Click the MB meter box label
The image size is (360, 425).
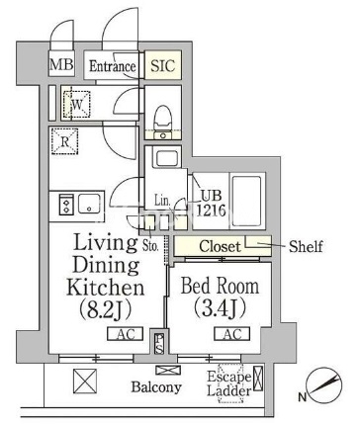point(61,64)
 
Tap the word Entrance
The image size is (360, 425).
point(113,66)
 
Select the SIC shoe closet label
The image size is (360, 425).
point(163,65)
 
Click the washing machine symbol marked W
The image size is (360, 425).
point(76,105)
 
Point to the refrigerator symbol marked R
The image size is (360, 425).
point(65,141)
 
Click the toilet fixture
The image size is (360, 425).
point(163,118)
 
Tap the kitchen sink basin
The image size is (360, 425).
point(89,204)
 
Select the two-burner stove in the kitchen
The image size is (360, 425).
point(66,205)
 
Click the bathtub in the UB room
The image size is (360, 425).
point(246,201)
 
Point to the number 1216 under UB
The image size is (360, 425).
point(211,210)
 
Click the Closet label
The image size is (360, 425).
point(220,246)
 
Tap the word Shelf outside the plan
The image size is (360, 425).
point(306,246)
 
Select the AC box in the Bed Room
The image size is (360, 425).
point(232,334)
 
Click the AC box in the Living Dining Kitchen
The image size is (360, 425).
point(126,334)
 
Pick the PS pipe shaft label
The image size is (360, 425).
point(159,344)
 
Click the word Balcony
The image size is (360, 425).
point(156,387)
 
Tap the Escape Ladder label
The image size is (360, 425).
point(229,384)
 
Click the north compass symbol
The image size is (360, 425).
point(323,385)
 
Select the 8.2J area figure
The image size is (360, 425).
point(106,308)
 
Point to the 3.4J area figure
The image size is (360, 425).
point(220,307)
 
